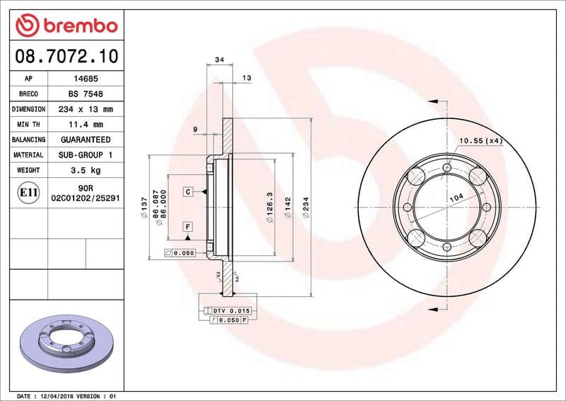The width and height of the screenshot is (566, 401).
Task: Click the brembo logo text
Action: [79, 26]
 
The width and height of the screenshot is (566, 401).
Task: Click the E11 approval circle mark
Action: [29, 192]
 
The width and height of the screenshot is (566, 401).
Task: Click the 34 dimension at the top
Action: [219, 60]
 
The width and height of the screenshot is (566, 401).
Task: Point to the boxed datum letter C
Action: [189, 192]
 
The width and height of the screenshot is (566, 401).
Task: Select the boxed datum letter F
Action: [189, 227]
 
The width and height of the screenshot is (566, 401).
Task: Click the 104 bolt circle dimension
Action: [457, 199]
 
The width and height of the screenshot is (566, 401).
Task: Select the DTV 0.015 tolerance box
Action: [231, 311]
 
